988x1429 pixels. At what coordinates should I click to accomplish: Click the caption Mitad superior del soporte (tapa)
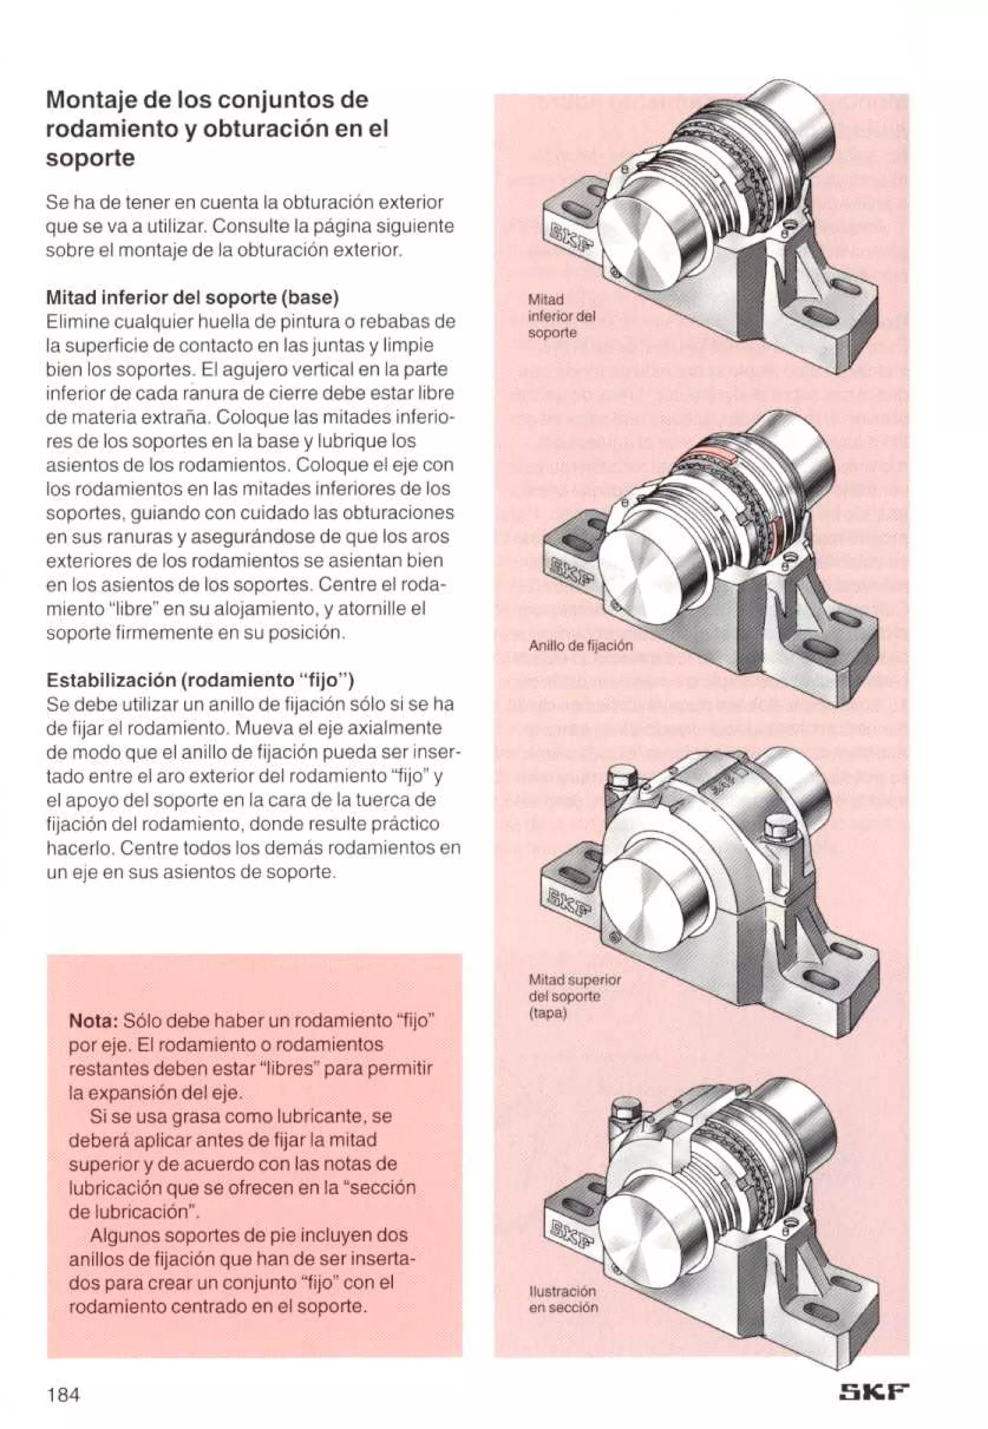[x=574, y=996]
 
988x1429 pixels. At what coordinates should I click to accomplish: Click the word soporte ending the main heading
[x=90, y=159]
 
